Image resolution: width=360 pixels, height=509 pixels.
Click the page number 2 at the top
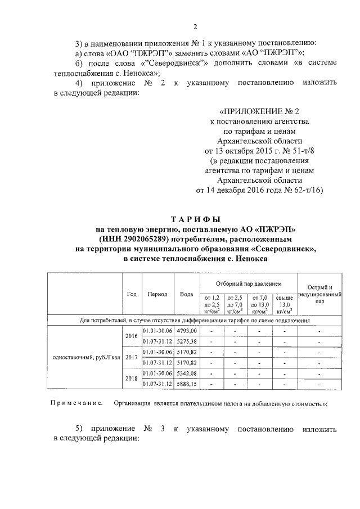tap(195, 26)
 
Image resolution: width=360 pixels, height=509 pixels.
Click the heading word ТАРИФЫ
tap(195, 219)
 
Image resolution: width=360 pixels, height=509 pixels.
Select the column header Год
tap(132, 294)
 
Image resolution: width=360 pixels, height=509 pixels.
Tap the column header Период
tap(157, 294)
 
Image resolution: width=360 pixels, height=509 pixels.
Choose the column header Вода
tap(186, 294)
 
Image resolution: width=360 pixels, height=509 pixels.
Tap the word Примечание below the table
tap(76, 403)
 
